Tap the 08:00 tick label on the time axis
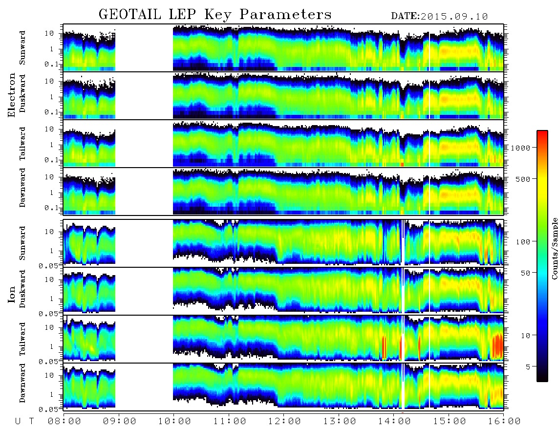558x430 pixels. [64, 421]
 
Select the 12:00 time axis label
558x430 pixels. [284, 421]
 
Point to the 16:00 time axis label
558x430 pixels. [504, 421]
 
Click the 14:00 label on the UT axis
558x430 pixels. [394, 421]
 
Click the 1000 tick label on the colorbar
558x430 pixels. [520, 148]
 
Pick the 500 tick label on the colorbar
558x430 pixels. [523, 179]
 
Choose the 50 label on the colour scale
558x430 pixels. [525, 273]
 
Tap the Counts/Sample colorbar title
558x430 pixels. [554, 248]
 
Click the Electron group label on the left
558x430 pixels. [12, 95]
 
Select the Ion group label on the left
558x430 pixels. [12, 295]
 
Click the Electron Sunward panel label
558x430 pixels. [22, 48]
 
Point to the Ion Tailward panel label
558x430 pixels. [22, 339]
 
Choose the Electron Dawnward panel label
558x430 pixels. [22, 188]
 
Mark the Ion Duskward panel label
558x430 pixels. [22, 289]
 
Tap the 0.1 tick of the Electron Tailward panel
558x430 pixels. [51, 160]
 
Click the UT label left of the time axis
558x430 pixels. [24, 421]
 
